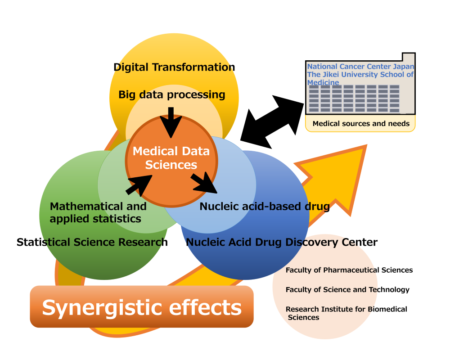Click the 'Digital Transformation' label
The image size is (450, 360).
[174, 67]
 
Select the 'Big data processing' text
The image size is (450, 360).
[171, 94]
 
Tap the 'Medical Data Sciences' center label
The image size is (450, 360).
[171, 158]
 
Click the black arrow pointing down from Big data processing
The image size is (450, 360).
[171, 122]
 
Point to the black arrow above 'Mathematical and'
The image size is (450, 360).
[139, 185]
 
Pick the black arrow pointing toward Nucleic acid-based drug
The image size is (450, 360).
[204, 183]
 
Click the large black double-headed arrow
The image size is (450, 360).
[272, 122]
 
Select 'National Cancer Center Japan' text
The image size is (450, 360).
[361, 66]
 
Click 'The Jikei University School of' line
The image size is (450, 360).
[360, 74]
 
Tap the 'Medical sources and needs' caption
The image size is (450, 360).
[361, 123]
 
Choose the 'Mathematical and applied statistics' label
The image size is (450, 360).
[98, 212]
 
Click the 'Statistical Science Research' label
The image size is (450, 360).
[92, 242]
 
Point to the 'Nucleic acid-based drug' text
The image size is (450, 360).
[265, 207]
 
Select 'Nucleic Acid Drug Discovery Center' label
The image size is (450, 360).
[282, 242]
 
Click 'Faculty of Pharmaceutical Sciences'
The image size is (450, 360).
[349, 270]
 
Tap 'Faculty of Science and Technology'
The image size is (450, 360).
[347, 290]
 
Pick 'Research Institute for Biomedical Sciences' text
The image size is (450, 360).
[346, 313]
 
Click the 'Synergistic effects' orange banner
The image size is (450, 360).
[142, 306]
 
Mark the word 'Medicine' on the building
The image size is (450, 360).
[323, 82]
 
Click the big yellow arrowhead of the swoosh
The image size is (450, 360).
[339, 175]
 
